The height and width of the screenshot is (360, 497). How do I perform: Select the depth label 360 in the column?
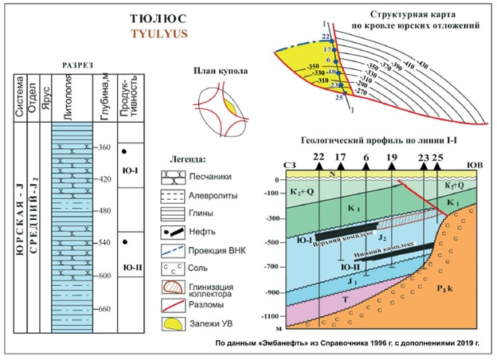click(104, 148)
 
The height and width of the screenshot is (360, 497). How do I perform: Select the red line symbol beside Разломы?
click(176, 303)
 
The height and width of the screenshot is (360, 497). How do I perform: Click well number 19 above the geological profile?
click(391, 157)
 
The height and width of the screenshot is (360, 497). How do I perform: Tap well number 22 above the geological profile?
click(319, 157)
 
